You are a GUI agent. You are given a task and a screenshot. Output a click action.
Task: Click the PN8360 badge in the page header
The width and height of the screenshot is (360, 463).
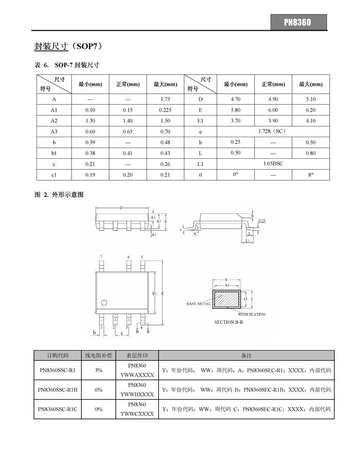(298, 22)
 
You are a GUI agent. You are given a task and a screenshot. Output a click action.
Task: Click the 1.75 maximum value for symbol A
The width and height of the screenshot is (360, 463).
(165, 99)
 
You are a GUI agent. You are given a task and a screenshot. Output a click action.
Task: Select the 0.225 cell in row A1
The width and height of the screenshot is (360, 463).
(165, 110)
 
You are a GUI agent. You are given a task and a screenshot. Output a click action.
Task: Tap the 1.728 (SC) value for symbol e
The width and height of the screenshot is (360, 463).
(272, 132)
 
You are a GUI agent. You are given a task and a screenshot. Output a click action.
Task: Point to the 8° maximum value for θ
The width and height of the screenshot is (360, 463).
(311, 175)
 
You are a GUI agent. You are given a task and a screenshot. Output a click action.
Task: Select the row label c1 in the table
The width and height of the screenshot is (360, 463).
(54, 175)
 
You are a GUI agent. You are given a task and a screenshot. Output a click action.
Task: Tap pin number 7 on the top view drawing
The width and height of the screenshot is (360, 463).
(101, 256)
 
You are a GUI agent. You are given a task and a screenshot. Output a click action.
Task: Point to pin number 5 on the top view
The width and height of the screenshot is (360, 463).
(142, 256)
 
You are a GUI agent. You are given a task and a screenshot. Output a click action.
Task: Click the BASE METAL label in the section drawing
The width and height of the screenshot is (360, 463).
(198, 304)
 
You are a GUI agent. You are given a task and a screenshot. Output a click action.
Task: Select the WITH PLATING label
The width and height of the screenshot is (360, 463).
(251, 314)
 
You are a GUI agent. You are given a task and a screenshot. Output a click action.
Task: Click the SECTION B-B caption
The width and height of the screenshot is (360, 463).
(229, 322)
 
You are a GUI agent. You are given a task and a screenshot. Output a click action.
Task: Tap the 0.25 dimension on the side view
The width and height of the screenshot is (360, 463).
(262, 221)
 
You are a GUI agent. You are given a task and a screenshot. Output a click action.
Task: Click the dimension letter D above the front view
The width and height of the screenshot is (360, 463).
(121, 208)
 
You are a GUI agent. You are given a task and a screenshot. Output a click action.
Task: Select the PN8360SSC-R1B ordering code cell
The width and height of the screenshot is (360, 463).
(58, 390)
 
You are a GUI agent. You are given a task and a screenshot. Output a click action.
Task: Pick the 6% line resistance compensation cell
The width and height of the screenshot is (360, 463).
(99, 390)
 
